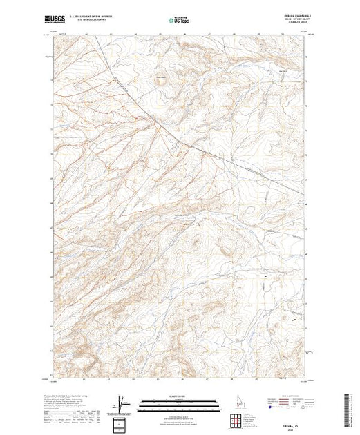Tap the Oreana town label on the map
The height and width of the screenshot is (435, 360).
click(270, 230)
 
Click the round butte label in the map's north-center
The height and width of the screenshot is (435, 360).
click(160, 76)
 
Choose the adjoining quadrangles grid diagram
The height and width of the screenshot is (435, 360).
click(236, 419)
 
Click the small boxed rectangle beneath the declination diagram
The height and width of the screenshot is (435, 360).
click(122, 422)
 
